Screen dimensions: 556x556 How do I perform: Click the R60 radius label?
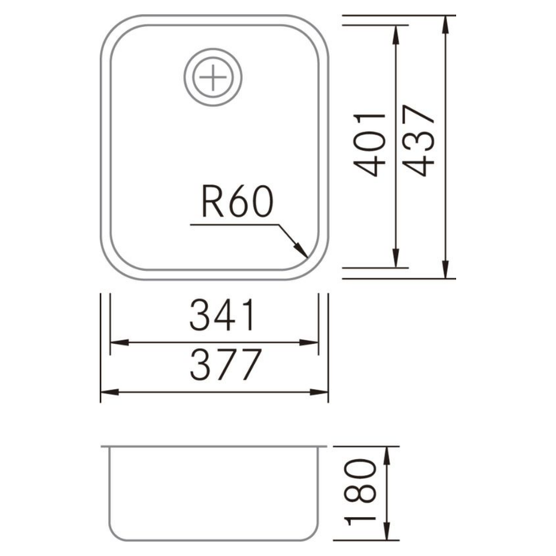(x=237, y=204)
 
